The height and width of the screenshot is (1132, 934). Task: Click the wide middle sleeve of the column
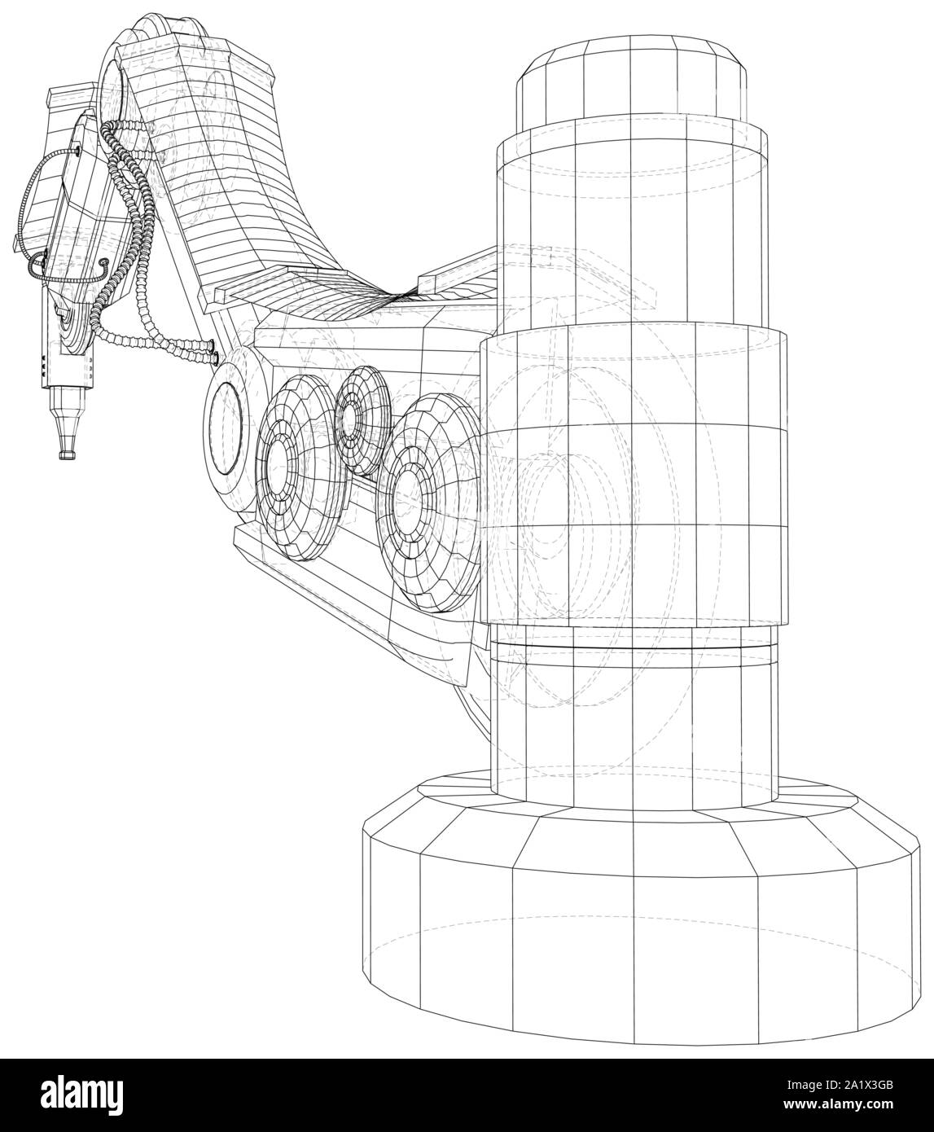635,472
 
